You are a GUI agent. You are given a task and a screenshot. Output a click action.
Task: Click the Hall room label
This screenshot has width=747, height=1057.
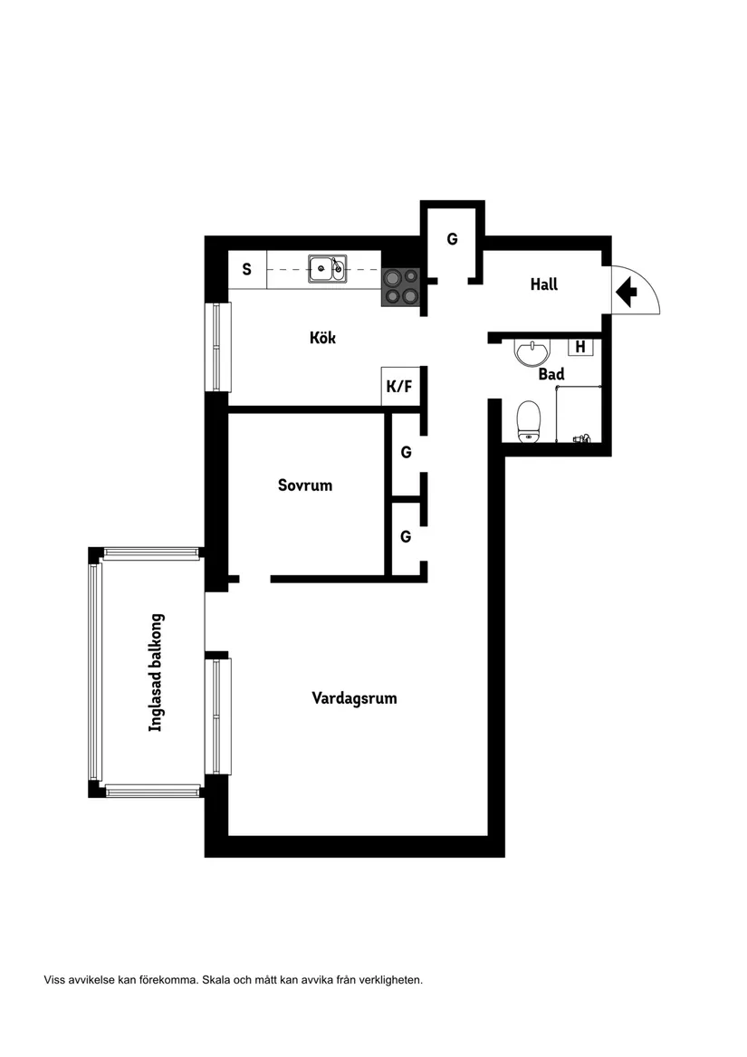pos(543,284)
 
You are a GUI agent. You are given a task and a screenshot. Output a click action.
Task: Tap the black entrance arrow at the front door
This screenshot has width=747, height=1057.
pos(626,292)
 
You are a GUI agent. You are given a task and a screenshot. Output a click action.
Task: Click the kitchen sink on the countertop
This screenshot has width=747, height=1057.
pos(326,268)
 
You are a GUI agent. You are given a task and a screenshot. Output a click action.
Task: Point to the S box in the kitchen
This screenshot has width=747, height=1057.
pos(246,269)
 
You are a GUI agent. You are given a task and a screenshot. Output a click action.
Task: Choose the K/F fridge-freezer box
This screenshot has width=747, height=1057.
pos(398,387)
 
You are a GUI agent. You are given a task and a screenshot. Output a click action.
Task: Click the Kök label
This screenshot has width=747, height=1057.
pos(322,338)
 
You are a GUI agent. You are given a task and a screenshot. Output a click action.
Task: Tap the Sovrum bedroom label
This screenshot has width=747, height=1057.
pos(304,485)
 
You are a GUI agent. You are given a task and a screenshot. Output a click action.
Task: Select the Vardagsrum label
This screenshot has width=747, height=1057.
pos(354,698)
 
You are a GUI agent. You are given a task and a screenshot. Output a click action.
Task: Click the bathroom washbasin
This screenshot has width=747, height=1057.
pos(532,351)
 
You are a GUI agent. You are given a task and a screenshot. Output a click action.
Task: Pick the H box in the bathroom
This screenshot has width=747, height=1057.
pos(580,346)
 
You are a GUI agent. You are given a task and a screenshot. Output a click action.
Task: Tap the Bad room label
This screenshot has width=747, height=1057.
pos(551,374)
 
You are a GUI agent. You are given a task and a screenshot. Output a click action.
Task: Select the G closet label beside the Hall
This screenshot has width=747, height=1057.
pos(452,240)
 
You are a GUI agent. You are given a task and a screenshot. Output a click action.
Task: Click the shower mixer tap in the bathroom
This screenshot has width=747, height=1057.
pos(581,438)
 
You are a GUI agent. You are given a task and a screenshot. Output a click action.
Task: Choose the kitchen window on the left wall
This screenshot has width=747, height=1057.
pos(217,346)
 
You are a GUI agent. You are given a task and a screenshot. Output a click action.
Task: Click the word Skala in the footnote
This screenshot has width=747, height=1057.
pos(216,980)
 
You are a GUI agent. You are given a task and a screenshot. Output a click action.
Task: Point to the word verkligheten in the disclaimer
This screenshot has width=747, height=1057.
pos(389,980)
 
